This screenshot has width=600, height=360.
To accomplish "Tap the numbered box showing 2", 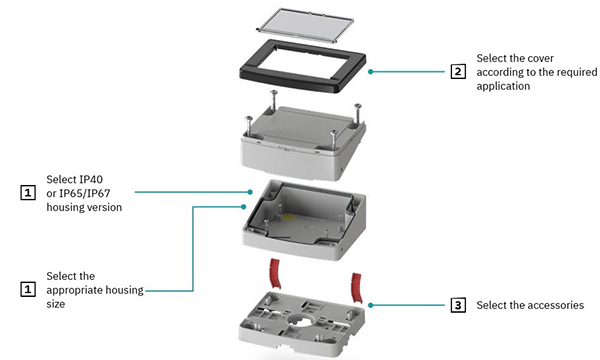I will (458, 72).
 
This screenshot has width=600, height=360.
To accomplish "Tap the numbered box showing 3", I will (458, 305).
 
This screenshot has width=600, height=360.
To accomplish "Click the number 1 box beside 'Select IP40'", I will (28, 190).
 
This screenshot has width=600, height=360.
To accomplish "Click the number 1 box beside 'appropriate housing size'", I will (28, 289).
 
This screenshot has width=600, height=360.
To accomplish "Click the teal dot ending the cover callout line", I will (369, 72).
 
